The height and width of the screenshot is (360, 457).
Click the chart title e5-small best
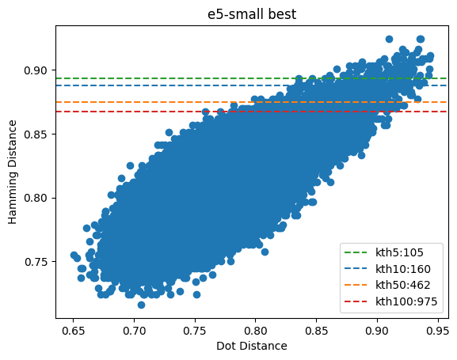[x=252, y=13]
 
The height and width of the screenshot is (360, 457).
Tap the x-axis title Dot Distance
[x=252, y=346]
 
